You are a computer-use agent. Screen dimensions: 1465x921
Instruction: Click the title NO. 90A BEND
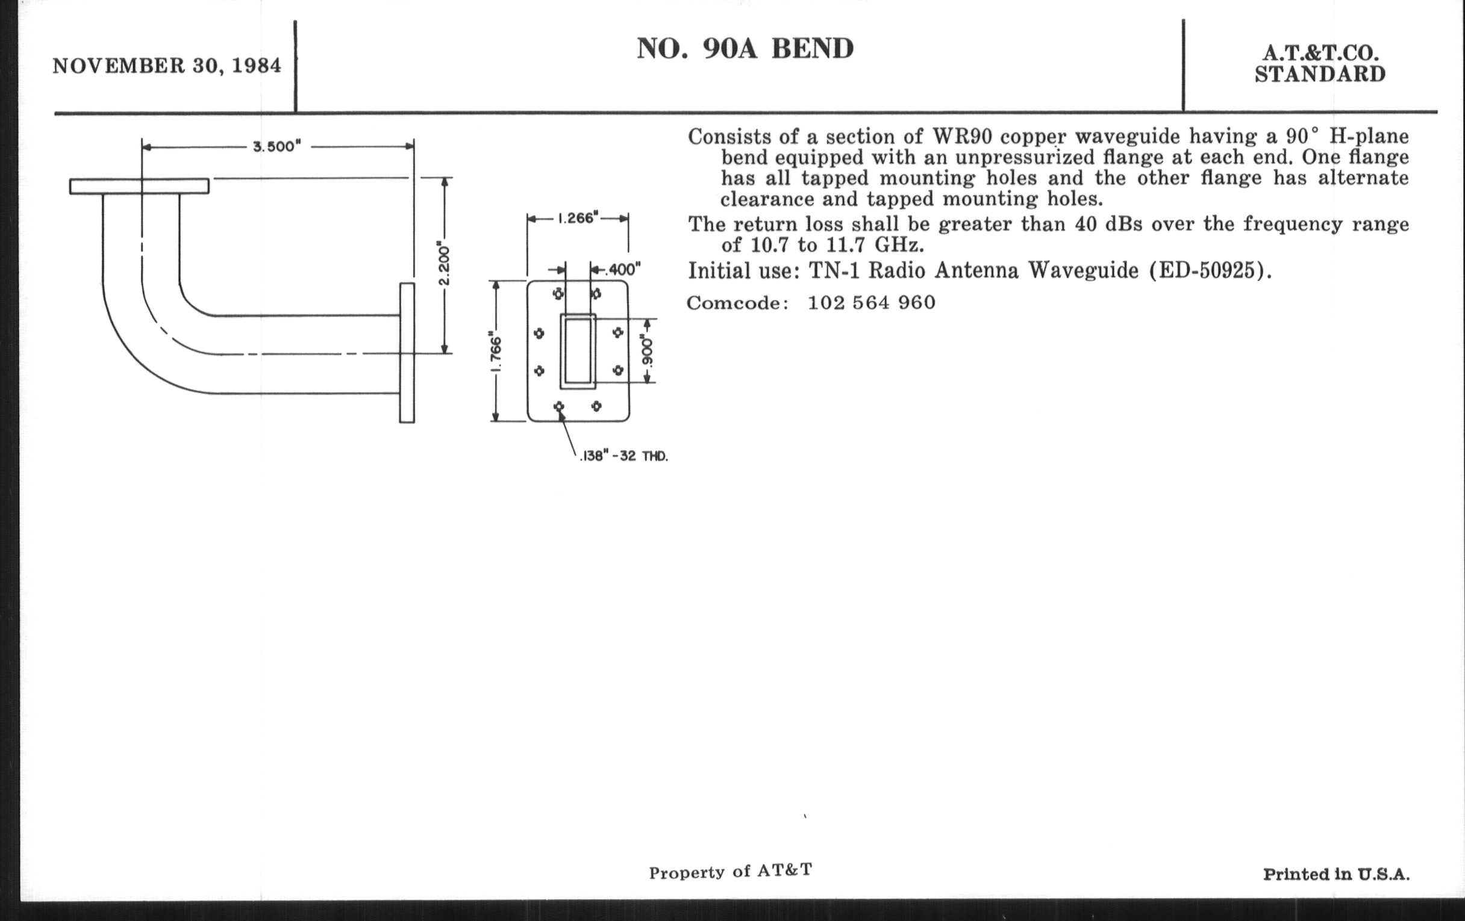tap(745, 49)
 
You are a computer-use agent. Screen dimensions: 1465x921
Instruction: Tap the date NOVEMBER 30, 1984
tap(167, 66)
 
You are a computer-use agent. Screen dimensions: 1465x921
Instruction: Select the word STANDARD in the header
tap(1320, 74)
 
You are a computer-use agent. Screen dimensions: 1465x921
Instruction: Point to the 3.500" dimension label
tap(277, 147)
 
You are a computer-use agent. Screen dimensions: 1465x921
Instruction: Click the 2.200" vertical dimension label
tap(444, 264)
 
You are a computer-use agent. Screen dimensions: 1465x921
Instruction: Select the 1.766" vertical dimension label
tap(496, 354)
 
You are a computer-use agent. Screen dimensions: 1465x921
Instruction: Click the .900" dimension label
tap(648, 351)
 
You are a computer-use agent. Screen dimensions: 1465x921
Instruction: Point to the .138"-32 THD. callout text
tap(623, 456)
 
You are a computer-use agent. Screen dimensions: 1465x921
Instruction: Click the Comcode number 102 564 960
tap(871, 303)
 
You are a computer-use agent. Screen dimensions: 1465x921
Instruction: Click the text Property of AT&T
tap(730, 872)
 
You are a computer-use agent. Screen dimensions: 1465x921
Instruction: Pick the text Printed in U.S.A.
tap(1336, 874)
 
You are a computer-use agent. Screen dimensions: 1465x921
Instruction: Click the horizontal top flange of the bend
tap(139, 186)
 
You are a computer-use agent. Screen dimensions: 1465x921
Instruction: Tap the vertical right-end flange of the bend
tap(407, 353)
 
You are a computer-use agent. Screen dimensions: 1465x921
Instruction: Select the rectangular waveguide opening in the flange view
tap(577, 352)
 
